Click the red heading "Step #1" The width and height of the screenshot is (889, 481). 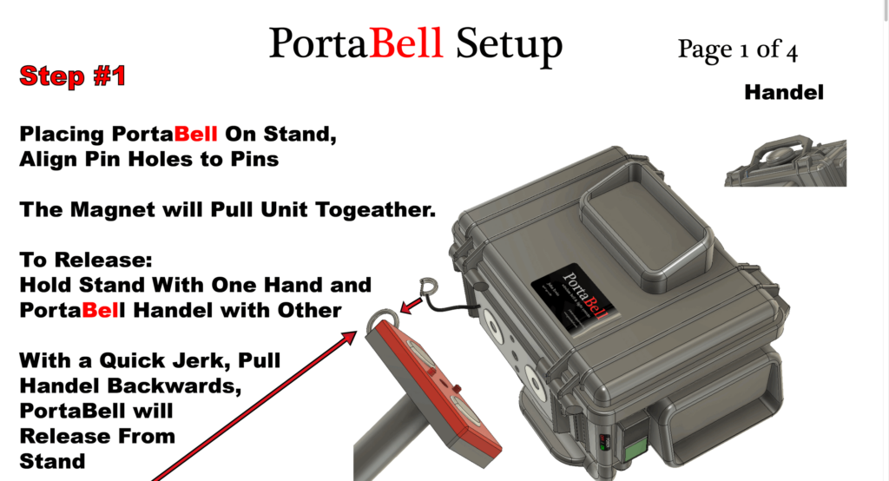[x=73, y=76]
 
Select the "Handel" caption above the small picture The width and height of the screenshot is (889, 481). [x=783, y=92]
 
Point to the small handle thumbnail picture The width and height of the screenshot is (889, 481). [x=785, y=161]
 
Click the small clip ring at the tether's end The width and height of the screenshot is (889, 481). [x=427, y=287]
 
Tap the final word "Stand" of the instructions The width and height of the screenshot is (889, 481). [x=52, y=460]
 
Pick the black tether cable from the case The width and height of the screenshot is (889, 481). [x=455, y=305]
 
